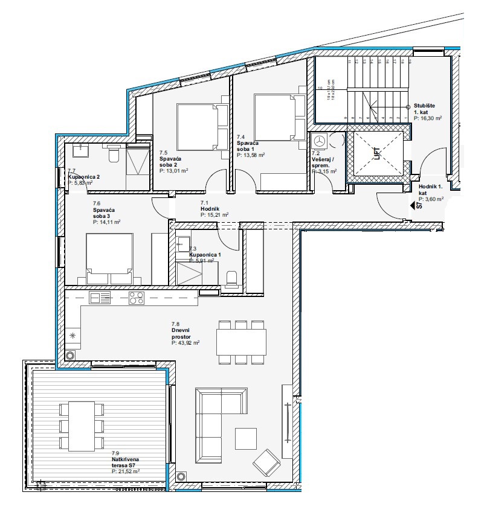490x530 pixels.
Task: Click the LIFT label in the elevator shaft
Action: click(x=378, y=154)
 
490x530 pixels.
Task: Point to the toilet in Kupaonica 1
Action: click(x=231, y=278)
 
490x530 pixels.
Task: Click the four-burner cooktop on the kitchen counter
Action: click(x=136, y=297)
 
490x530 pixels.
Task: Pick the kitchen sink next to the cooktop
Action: click(x=100, y=298)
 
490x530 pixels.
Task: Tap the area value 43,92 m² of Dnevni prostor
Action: click(x=185, y=342)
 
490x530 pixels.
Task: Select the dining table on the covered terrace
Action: click(x=81, y=426)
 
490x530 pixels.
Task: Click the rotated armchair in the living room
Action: click(x=266, y=464)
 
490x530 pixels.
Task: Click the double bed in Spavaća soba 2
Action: click(x=202, y=128)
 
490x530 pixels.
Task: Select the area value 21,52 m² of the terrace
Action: click(x=126, y=471)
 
